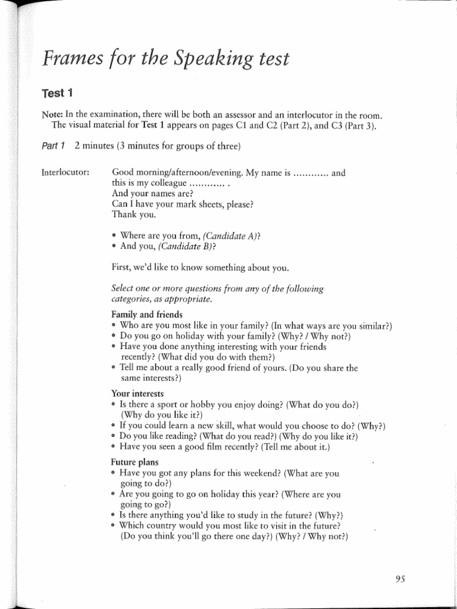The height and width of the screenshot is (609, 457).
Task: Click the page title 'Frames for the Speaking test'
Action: [x=165, y=59]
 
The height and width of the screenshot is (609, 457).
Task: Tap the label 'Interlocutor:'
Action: [x=65, y=173]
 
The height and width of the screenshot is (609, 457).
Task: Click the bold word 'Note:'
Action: [x=52, y=115]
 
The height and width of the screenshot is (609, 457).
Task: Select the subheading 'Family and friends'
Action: [x=147, y=314]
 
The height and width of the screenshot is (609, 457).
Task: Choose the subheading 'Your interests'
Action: [x=137, y=394]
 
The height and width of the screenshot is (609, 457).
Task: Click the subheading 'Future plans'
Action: [x=134, y=462]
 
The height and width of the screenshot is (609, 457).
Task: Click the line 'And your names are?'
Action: [x=152, y=194]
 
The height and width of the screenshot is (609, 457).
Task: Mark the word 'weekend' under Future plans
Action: [x=259, y=473]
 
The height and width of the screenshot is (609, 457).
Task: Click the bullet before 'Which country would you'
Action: [x=114, y=526]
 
